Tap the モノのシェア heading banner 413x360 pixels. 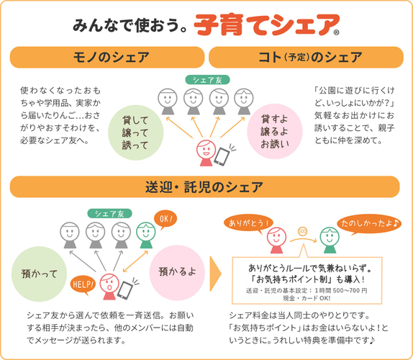coord(107,57)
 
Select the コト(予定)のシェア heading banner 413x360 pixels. coord(306,57)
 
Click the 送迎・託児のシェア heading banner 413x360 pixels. coord(204,187)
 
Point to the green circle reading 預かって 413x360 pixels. coord(39,274)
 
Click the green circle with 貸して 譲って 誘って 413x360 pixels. coord(136,132)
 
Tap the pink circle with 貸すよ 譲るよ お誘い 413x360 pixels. coord(275,131)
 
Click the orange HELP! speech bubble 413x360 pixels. coord(83,285)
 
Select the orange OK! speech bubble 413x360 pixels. coord(165,220)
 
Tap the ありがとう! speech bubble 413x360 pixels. coord(248,223)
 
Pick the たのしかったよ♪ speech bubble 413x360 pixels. coord(369,224)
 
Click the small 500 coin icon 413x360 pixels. coord(303,232)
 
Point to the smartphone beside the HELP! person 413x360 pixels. coord(125,290)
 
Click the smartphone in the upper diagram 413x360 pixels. coord(222,156)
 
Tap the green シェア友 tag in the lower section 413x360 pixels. coord(109,213)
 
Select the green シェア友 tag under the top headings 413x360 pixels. coord(207,80)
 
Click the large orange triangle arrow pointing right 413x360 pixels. coord(215,274)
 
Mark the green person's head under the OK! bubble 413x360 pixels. coord(145,232)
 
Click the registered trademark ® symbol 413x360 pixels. coord(336,32)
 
